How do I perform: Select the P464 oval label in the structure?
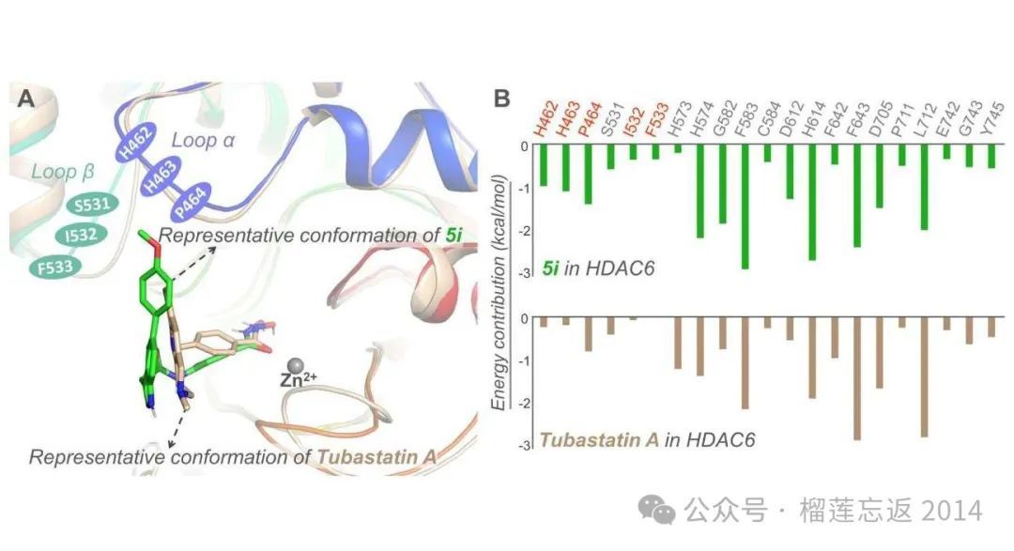(190, 203)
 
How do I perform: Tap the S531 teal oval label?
(92, 205)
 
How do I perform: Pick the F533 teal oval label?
(55, 267)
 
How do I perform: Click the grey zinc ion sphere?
(296, 366)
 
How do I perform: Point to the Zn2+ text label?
(298, 379)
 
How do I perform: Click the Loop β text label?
(63, 172)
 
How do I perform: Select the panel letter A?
(26, 99)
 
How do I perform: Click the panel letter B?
(501, 99)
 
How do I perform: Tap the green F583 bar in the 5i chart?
(745, 207)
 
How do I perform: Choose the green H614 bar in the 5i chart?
(812, 203)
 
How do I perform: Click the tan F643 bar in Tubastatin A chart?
(857, 379)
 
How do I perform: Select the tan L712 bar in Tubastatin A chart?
(924, 377)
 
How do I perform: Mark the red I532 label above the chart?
(635, 121)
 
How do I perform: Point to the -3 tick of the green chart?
(525, 273)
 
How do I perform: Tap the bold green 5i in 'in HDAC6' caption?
(550, 268)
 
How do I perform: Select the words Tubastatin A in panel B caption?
(599, 439)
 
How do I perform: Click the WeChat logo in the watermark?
(657, 510)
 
